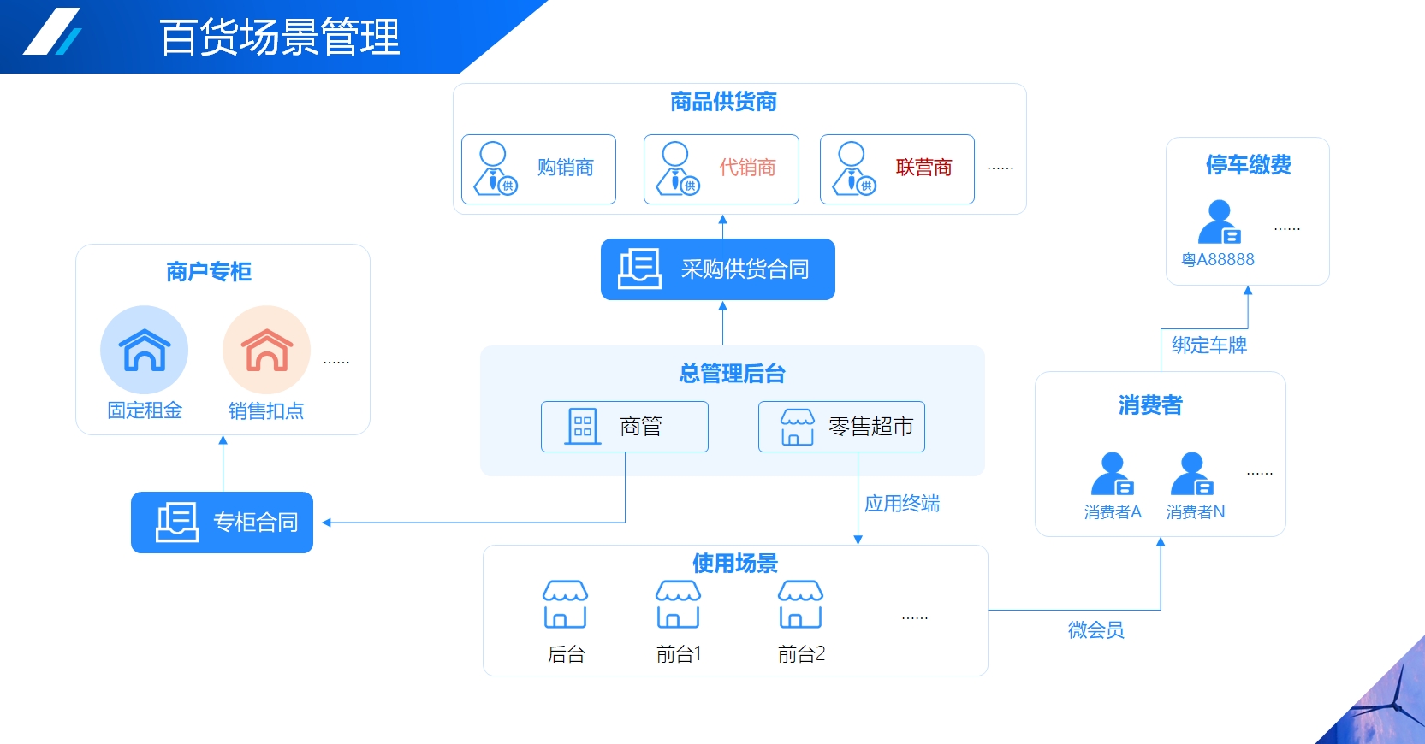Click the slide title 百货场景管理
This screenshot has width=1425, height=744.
point(280,38)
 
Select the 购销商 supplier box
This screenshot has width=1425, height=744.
point(538,169)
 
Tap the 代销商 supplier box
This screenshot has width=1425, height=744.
point(721,169)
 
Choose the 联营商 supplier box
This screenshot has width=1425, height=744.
point(897,169)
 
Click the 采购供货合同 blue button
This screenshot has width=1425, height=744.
point(717,269)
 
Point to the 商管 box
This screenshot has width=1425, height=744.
point(624,427)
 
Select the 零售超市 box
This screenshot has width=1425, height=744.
point(841,427)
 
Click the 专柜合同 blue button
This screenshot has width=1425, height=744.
point(222,523)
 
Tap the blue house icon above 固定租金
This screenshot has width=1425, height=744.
point(144,350)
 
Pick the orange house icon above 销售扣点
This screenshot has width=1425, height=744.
point(266,350)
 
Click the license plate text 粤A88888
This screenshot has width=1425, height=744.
point(1217,260)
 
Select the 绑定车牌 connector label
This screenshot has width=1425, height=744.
point(1208,345)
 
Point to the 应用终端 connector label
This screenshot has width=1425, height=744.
point(901,504)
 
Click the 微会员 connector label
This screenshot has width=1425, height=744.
point(1095,630)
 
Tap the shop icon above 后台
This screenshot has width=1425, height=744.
point(565,605)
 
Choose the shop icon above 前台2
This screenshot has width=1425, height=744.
point(800,605)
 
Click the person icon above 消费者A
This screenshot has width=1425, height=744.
point(1113,474)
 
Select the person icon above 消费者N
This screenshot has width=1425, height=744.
point(1192,474)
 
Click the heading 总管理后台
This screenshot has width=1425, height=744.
point(732,374)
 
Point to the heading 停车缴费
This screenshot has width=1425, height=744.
point(1248,165)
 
